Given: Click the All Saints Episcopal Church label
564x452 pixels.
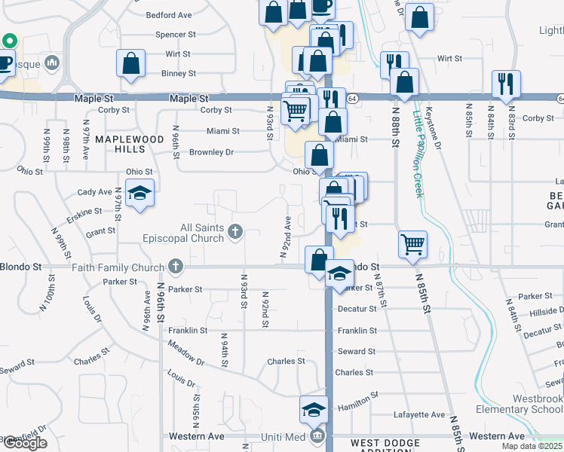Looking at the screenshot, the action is pyautogui.click(x=182, y=233).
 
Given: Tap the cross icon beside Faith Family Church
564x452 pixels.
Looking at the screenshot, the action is pyautogui.click(x=176, y=267).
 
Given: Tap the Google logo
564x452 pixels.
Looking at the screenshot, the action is pyautogui.click(x=24, y=443).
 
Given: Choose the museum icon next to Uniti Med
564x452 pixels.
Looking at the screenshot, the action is pyautogui.click(x=315, y=437).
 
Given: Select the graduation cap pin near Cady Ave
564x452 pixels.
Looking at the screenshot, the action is pyautogui.click(x=139, y=193).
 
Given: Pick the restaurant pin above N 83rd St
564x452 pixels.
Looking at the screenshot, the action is pyautogui.click(x=505, y=82).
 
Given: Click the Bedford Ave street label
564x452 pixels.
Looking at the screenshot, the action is pyautogui.click(x=169, y=15).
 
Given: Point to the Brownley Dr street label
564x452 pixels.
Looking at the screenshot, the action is pyautogui.click(x=211, y=152).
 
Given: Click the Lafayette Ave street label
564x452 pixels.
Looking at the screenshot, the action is pyautogui.click(x=419, y=415).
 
